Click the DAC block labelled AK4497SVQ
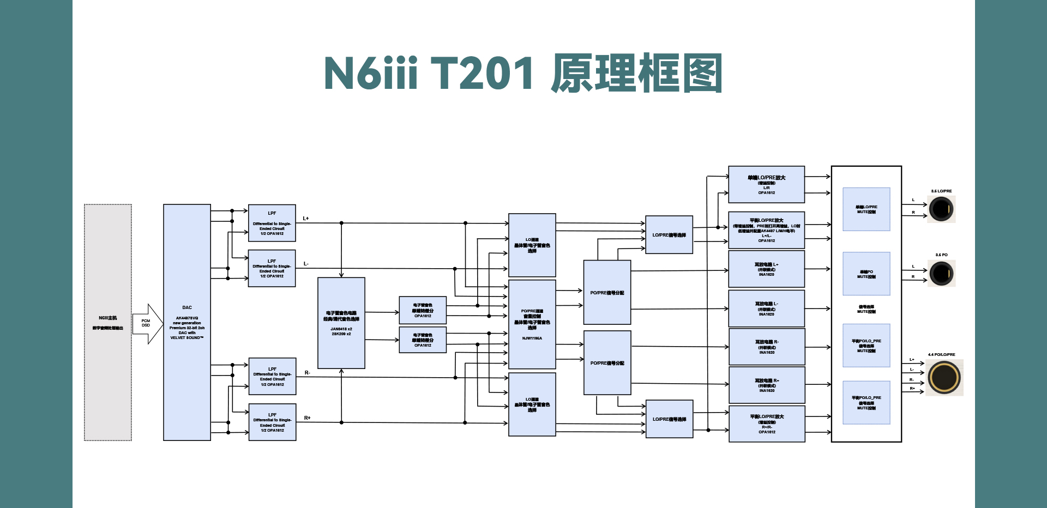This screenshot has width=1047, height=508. click(x=186, y=322)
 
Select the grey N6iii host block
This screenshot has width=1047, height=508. click(x=108, y=322)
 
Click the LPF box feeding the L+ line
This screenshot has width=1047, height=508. click(x=272, y=223)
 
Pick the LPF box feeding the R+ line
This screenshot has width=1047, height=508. click(x=272, y=422)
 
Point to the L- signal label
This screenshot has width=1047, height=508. click(x=306, y=264)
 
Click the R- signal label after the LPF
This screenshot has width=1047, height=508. click(x=308, y=373)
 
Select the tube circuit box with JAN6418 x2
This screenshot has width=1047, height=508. click(x=341, y=323)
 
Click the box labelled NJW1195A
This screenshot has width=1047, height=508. click(x=532, y=324)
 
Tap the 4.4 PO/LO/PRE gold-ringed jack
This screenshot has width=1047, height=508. click(x=944, y=377)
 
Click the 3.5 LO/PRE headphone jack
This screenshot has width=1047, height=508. click(x=941, y=209)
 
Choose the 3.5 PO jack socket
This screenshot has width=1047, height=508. click(x=941, y=273)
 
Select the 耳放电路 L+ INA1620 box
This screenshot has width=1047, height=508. click(x=766, y=269)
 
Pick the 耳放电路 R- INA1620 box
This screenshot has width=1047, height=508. click(x=766, y=347)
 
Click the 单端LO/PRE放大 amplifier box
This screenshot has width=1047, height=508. click(x=766, y=184)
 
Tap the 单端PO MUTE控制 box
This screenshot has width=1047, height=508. click(x=866, y=274)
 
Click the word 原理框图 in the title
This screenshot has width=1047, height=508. click(x=636, y=74)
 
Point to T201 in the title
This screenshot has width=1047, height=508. click(x=482, y=74)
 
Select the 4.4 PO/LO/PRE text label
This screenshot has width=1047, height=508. click(x=941, y=354)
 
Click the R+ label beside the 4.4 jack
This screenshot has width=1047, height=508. click(x=912, y=389)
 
